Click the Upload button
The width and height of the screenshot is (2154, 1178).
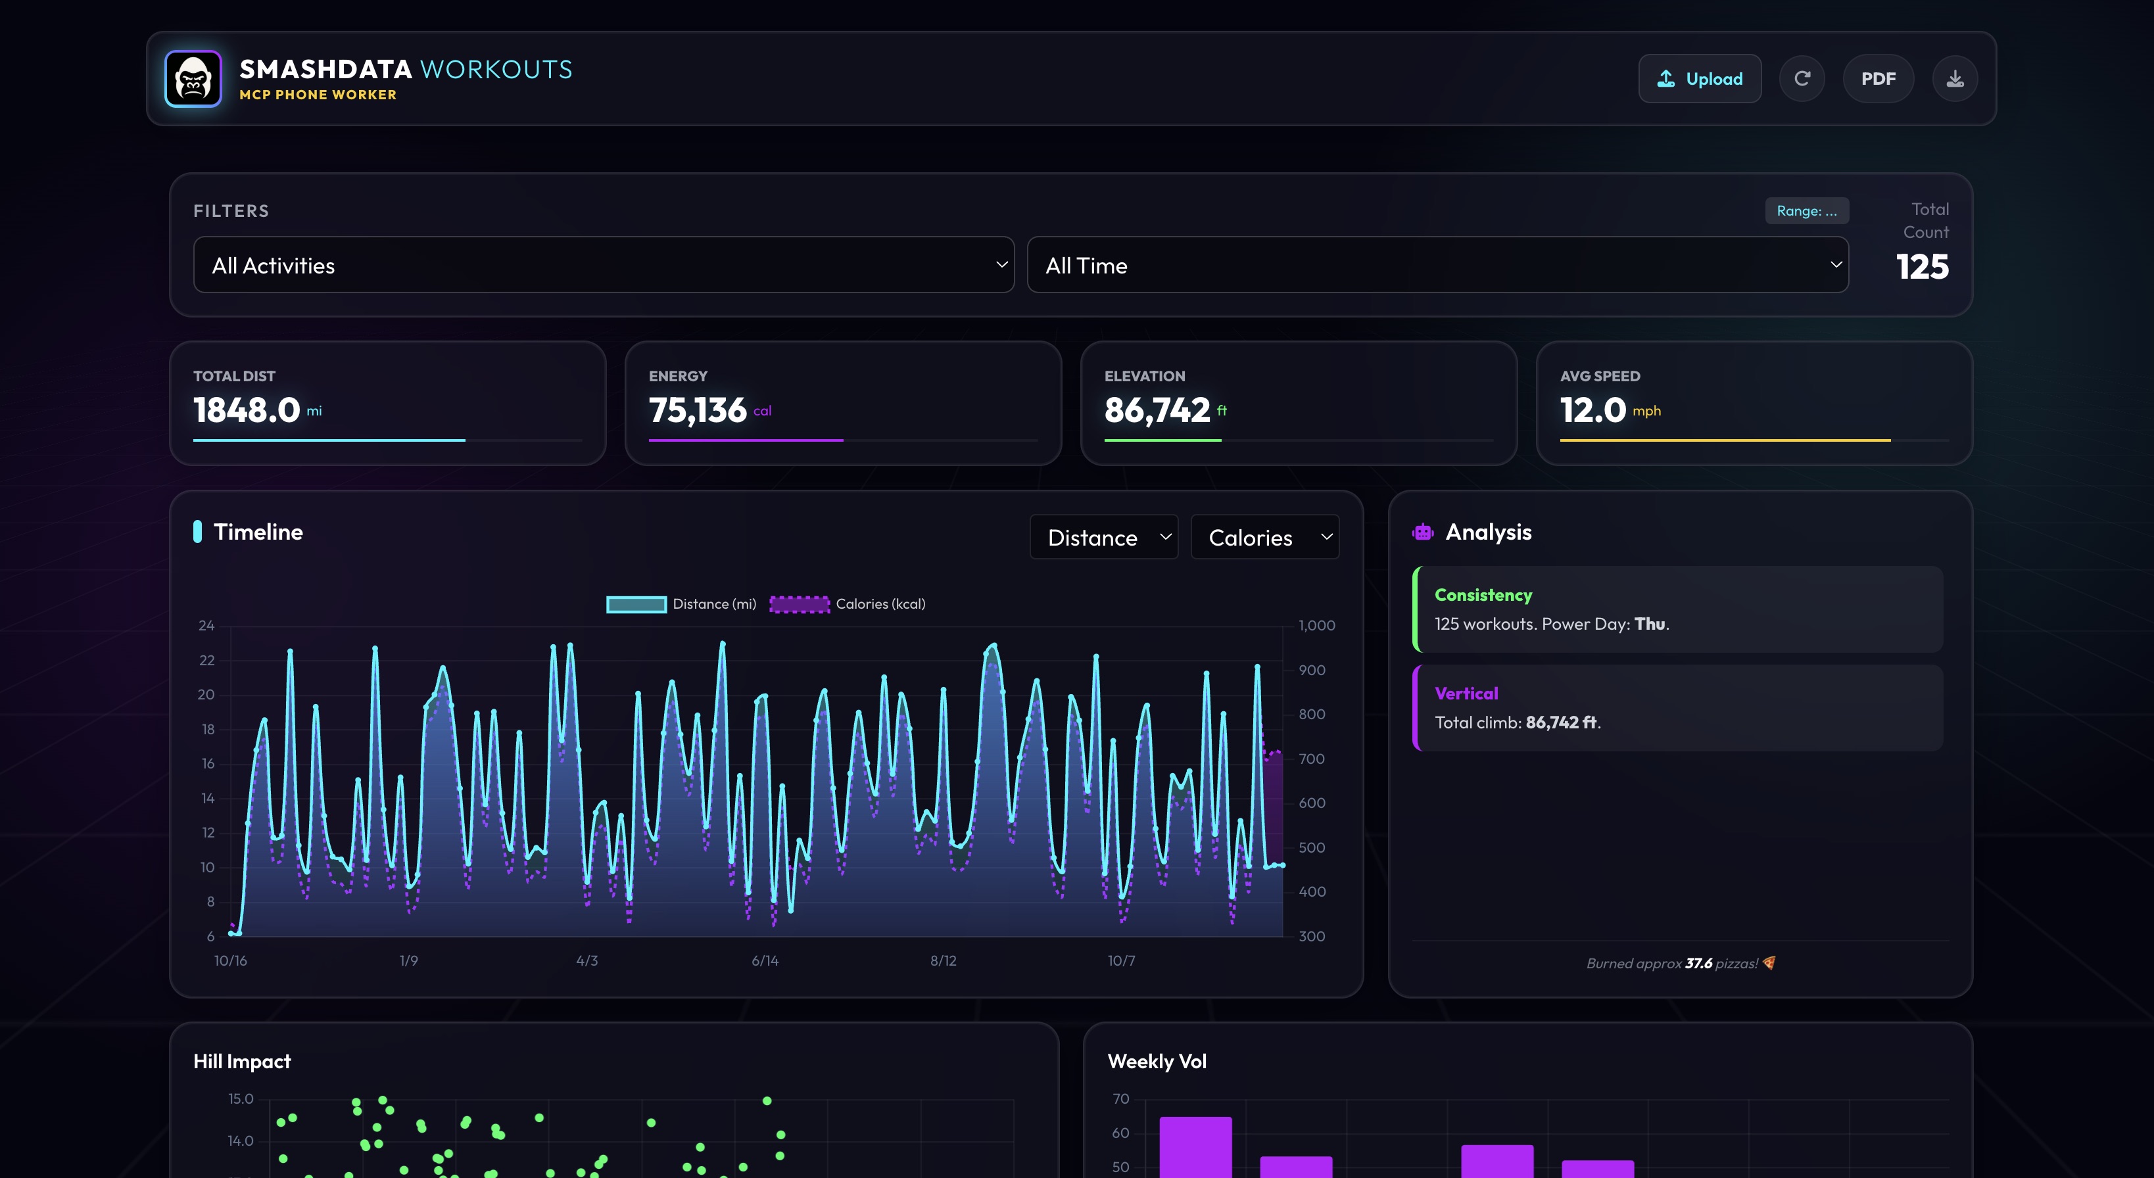[x=1699, y=79]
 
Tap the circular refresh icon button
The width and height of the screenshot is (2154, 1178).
[x=1802, y=79]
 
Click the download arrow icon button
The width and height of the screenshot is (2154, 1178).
[x=1954, y=79]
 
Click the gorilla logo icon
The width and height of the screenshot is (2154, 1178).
[x=193, y=79]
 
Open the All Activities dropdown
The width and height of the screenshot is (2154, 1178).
[x=603, y=265]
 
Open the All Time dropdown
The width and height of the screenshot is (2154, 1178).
[x=1437, y=265]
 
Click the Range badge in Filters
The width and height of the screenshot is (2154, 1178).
[x=1806, y=210]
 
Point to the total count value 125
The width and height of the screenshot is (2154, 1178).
[x=1921, y=267]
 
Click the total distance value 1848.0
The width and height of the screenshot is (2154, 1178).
[x=247, y=410]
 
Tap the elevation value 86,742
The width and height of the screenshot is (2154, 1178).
[x=1157, y=410]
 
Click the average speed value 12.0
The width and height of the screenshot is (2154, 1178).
[x=1592, y=410]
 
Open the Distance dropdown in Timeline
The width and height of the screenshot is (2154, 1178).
[x=1103, y=538]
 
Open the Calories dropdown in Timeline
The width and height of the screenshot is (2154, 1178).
[x=1264, y=538]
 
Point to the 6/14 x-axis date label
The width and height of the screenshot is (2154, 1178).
[x=764, y=960]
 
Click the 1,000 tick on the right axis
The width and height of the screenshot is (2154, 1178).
[x=1316, y=625]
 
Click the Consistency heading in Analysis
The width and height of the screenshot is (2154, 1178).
[x=1483, y=594]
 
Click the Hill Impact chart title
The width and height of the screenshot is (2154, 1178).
[x=242, y=1061]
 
